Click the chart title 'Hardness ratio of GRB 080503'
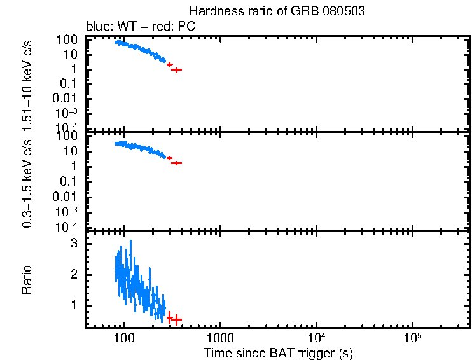coord(277,12)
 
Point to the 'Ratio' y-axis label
coord(27,279)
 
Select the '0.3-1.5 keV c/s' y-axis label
coord(27,182)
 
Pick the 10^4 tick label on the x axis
coord(316,335)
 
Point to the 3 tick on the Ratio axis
coord(74,243)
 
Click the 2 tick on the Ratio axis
coord(74,274)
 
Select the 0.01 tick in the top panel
coord(66,98)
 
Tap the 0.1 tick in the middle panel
coord(69,181)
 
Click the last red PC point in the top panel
coord(177,69)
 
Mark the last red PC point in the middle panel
coord(177,163)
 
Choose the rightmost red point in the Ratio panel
coord(177,319)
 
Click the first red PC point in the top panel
coord(169,64)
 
